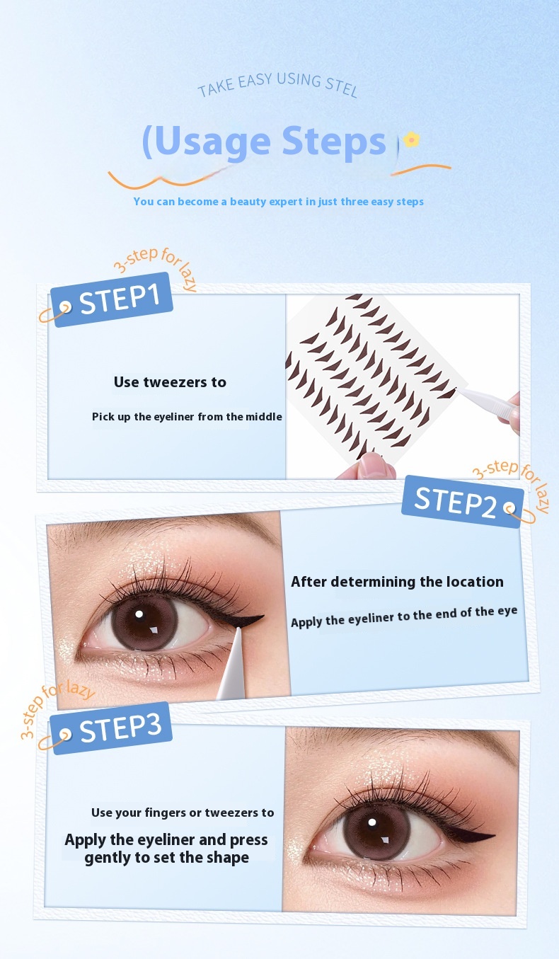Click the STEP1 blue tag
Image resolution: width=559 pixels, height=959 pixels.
tap(112, 299)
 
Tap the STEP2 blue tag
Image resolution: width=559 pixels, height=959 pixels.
tap(463, 501)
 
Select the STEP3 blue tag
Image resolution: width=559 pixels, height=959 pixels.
tap(111, 728)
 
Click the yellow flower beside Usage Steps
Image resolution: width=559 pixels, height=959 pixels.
tap(411, 139)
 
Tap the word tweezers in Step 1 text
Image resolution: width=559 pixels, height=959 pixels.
tap(175, 382)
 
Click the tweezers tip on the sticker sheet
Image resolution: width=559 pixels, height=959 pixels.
tap(456, 389)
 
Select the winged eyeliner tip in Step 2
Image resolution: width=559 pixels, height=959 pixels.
tap(263, 617)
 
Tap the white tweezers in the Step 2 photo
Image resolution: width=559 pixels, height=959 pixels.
tap(233, 664)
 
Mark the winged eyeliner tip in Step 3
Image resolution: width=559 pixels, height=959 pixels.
tap(494, 835)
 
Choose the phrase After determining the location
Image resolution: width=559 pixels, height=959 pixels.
tap(397, 582)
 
